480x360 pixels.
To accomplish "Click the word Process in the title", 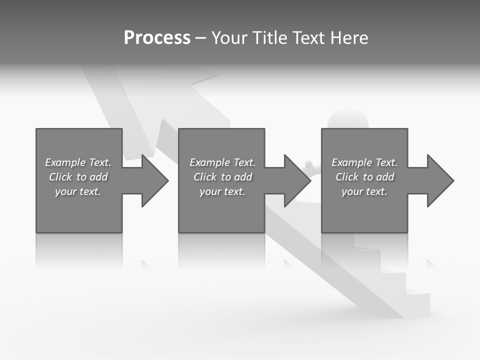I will click(x=157, y=38).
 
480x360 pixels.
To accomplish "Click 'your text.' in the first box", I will click(x=78, y=191).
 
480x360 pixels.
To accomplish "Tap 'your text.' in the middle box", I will click(x=222, y=191).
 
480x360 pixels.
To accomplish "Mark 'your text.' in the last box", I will click(x=364, y=191).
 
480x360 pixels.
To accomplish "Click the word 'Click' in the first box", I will click(x=60, y=177).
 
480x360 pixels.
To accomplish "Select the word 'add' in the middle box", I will click(x=243, y=177).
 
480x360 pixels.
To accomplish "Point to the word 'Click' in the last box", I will click(x=347, y=177).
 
